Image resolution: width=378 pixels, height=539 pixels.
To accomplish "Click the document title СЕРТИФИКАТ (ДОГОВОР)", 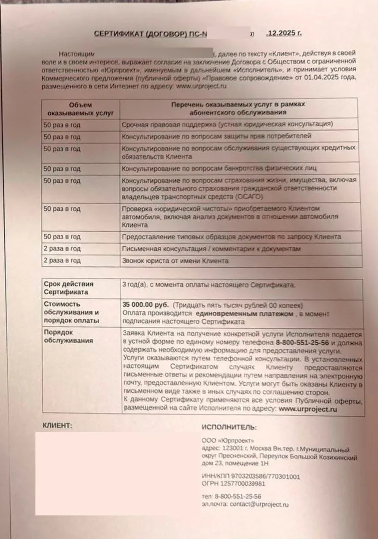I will pyautogui.click(x=147, y=34).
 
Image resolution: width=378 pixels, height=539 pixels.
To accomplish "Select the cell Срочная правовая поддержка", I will pyautogui.click(x=227, y=124).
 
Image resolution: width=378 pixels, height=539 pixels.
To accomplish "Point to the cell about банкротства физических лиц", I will pyautogui.click(x=219, y=168).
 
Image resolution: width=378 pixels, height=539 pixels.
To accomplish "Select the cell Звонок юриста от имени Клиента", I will pyautogui.click(x=175, y=261).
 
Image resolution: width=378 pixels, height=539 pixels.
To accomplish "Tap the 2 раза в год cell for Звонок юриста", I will pyautogui.click(x=62, y=261).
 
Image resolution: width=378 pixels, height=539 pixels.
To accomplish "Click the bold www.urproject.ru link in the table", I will pyautogui.click(x=308, y=408).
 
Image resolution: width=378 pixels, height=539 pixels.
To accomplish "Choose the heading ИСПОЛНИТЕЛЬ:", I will pyautogui.click(x=229, y=427).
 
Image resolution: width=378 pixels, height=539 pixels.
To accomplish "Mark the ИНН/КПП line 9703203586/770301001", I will pyautogui.click(x=251, y=477).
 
